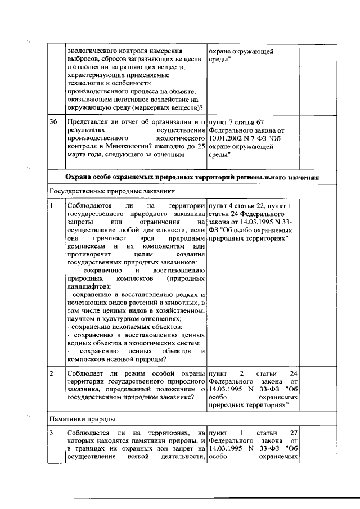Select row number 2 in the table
pos(52,373)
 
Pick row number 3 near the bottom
pos(52,433)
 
